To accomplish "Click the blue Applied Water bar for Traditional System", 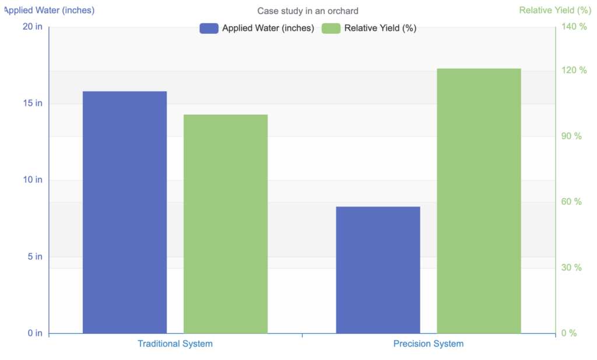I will (125, 212).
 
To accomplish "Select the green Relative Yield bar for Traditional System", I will (226, 224).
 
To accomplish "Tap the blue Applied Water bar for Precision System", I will (378, 270).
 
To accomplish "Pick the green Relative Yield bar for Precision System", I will (479, 201).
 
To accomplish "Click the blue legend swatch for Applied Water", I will (209, 28).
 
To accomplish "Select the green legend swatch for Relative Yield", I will (331, 28).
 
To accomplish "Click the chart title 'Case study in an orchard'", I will (308, 11).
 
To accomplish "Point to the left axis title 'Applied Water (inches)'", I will (49, 10).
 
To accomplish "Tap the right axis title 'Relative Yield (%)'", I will (555, 10).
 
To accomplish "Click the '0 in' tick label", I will (34, 333).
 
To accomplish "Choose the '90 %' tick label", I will (571, 136).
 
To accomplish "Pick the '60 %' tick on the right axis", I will (571, 202).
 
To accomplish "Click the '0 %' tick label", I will (568, 333).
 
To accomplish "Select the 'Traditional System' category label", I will (175, 344).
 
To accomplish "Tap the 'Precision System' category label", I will (429, 344).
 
